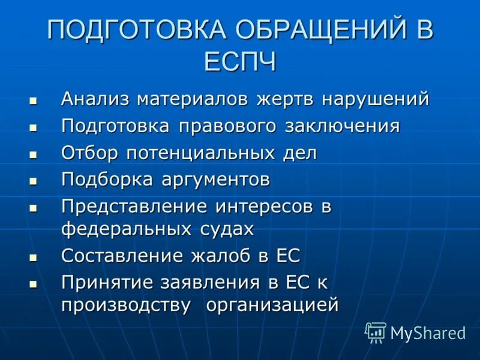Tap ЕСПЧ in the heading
click(x=240, y=61)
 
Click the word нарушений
click(x=376, y=99)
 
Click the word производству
click(x=127, y=305)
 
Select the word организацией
click(x=273, y=305)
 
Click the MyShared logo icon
click(x=376, y=332)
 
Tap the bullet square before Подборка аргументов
click(x=33, y=180)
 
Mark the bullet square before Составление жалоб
click(x=33, y=256)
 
